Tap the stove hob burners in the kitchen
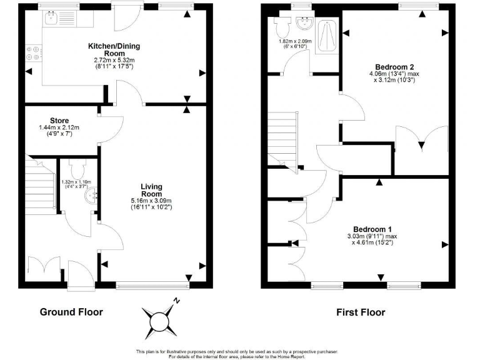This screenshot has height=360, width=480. (34, 54)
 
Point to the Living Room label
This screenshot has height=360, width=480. (151, 190)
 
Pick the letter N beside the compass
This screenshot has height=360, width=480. (177, 300)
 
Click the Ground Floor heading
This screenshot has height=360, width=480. (71, 312)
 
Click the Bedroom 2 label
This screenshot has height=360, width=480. (394, 66)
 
